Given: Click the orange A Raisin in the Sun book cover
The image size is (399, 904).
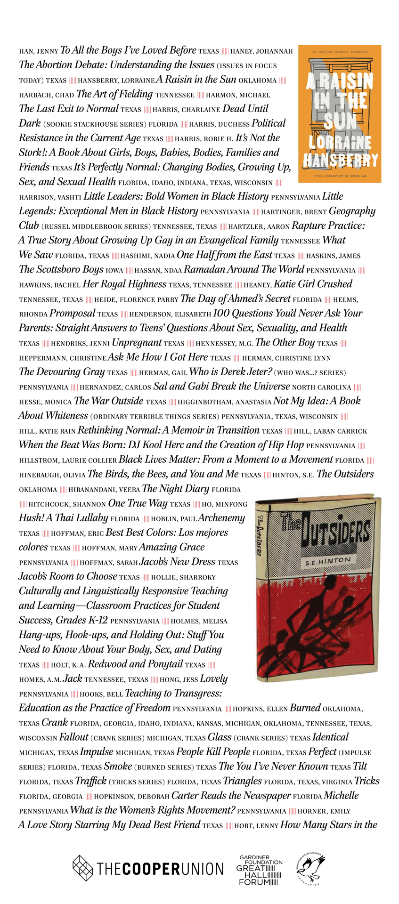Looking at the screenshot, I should pyautogui.click(x=339, y=113).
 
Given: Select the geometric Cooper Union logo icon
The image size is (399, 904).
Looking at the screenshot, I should pyautogui.click(x=82, y=868).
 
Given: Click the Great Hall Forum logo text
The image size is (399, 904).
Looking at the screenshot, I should pyautogui.click(x=260, y=870).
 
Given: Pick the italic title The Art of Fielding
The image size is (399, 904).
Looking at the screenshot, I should pyautogui.click(x=114, y=94).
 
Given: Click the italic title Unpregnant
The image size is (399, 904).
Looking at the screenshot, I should pyautogui.click(x=137, y=343).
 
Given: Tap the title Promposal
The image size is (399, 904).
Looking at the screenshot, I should pyautogui.click(x=72, y=314).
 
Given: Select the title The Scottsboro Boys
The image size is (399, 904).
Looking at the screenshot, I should pyautogui.click(x=61, y=270).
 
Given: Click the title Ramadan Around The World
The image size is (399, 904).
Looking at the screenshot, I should pyautogui.click(x=244, y=270).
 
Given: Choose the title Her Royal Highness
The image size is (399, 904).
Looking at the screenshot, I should pyautogui.click(x=124, y=284).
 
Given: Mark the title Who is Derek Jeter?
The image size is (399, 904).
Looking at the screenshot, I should pyautogui.click(x=230, y=372).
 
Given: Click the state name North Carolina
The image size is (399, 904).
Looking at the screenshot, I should pyautogui.click(x=321, y=387).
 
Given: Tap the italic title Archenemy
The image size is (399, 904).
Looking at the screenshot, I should pyautogui.click(x=221, y=518).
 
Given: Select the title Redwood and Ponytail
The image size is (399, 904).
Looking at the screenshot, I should pyautogui.click(x=135, y=664).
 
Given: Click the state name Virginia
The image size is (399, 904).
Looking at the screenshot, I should pyautogui.click(x=337, y=782).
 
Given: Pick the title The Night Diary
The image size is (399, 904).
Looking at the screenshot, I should pyautogui.click(x=175, y=489).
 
